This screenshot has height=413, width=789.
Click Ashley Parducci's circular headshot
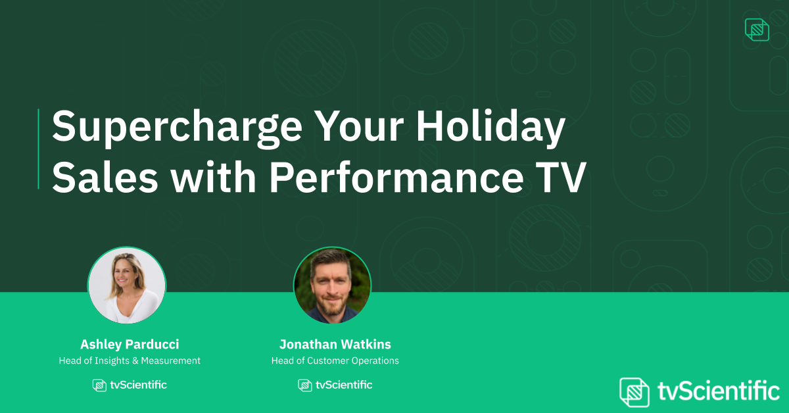coord(127,285)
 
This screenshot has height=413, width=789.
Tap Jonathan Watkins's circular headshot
coord(332,285)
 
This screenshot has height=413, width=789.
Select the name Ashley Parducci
coord(130,345)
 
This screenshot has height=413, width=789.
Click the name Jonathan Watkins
coord(335,345)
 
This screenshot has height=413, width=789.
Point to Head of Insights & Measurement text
coord(130,360)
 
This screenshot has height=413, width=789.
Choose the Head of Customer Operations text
coord(335,360)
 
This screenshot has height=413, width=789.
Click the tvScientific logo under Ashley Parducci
coord(130,385)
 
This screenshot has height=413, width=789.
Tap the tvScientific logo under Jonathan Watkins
coord(335,385)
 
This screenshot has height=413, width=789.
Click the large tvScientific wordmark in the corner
coord(717,391)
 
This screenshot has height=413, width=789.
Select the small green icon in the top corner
coord(757,30)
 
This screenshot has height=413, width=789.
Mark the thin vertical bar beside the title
coord(39,149)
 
